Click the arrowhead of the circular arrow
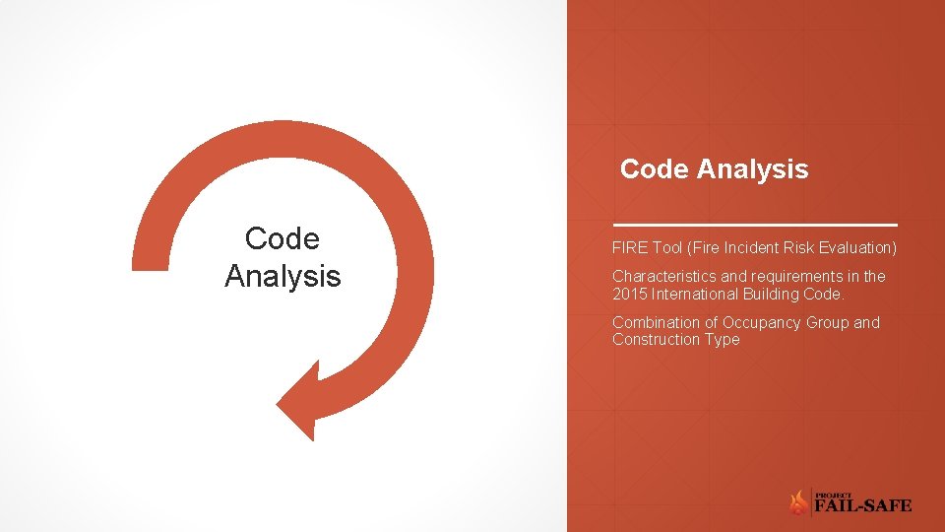click(305, 399)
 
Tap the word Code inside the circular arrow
click(282, 239)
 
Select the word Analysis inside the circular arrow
click(282, 277)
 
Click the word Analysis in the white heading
click(753, 169)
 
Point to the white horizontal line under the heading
click(754, 226)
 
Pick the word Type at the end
click(721, 340)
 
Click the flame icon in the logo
click(798, 503)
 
